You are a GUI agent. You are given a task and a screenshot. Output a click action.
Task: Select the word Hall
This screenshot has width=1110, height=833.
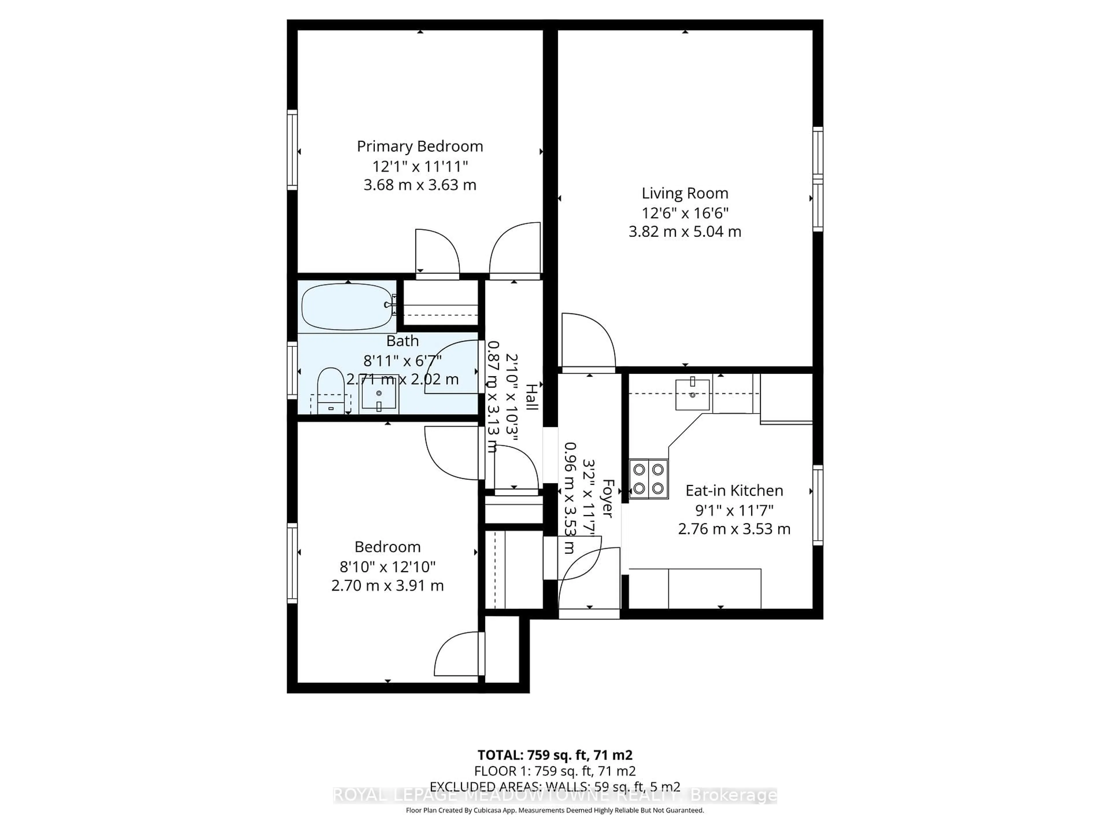pyautogui.click(x=531, y=397)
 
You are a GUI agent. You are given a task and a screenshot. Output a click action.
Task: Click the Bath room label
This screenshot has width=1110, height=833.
pyautogui.click(x=402, y=341)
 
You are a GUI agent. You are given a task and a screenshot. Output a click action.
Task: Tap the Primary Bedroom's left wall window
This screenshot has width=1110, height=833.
pyautogui.click(x=292, y=150)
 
